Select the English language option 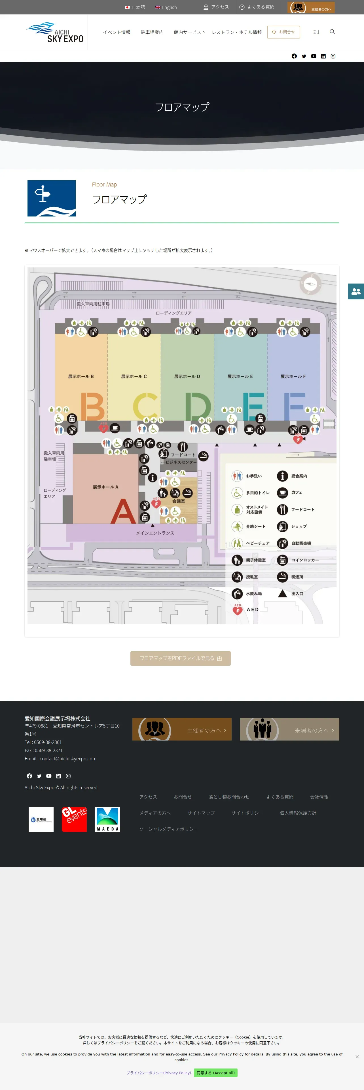click(166, 7)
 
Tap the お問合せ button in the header click(283, 32)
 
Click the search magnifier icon click(332, 32)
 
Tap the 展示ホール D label click(187, 376)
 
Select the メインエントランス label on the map click(155, 533)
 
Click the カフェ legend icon click(282, 493)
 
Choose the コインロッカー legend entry click(304, 560)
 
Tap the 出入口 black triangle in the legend click(282, 593)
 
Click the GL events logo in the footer click(74, 819)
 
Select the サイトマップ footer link click(201, 813)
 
